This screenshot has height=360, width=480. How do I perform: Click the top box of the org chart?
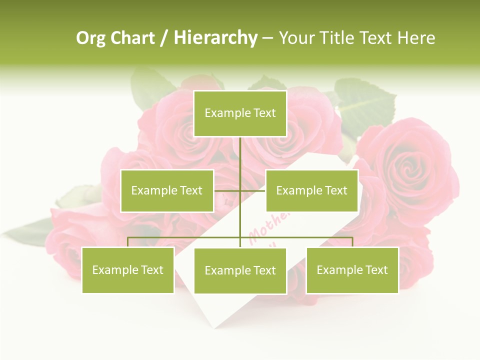pos(240,113)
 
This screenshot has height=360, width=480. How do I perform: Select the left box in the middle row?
pos(167,190)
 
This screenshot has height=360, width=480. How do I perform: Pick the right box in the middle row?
pos(311,190)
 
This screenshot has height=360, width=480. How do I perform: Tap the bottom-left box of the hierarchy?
pos(128,270)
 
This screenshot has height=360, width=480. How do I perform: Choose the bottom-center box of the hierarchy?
pos(240,270)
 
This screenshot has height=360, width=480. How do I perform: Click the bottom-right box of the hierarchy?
pos(352,270)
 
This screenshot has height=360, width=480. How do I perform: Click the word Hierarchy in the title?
pos(215,37)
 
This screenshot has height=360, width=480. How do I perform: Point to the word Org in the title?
pos(90,37)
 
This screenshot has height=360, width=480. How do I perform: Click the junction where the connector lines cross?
pos(240,190)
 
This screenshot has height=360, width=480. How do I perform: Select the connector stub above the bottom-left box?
pos(128,242)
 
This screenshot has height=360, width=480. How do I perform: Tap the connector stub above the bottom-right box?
pos(352,242)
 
